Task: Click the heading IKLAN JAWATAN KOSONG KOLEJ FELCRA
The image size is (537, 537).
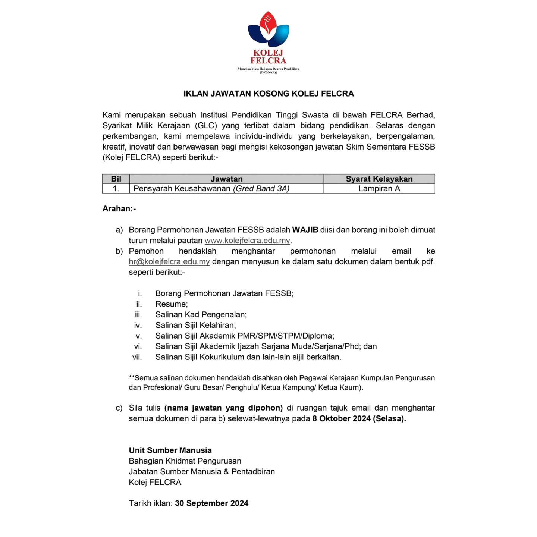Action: pyautogui.click(x=268, y=94)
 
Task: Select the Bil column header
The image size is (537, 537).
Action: pyautogui.click(x=116, y=179)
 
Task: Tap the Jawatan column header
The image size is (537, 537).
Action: pyautogui.click(x=226, y=179)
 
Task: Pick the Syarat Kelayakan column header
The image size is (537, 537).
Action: pyautogui.click(x=379, y=179)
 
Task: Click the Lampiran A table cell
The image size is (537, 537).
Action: pyautogui.click(x=379, y=189)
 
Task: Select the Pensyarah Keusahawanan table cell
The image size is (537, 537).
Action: pyautogui.click(x=211, y=189)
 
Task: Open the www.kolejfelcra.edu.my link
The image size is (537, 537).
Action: pyautogui.click(x=247, y=241)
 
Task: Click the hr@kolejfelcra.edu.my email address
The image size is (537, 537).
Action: pyautogui.click(x=169, y=262)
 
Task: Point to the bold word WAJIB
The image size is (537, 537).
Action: pyautogui.click(x=305, y=230)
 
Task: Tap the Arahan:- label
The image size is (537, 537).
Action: pyautogui.click(x=119, y=209)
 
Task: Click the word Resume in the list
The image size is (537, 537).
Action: pyautogui.click(x=171, y=304)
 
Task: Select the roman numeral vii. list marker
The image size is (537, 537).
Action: pyautogui.click(x=137, y=357)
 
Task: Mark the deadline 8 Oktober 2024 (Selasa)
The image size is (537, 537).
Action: pyautogui.click(x=359, y=419)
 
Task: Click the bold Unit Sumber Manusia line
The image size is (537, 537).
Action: pyautogui.click(x=170, y=450)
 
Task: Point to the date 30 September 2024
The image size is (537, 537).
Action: pyautogui.click(x=211, y=503)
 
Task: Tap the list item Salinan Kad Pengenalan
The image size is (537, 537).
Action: pyautogui.click(x=201, y=315)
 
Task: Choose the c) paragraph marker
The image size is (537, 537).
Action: pyautogui.click(x=119, y=408)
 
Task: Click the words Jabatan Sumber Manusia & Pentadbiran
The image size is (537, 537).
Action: pyautogui.click(x=202, y=472)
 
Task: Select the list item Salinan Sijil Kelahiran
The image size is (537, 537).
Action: pyautogui.click(x=196, y=326)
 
